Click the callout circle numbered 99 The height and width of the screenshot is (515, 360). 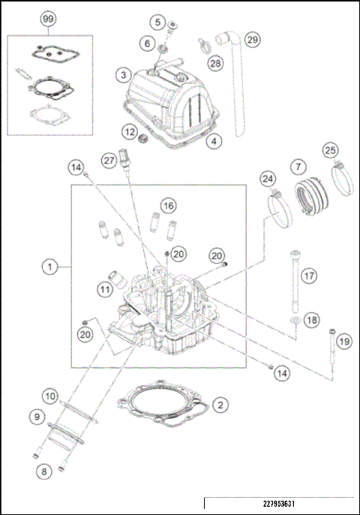[x=49, y=17]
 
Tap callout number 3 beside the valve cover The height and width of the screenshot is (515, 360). [x=121, y=74]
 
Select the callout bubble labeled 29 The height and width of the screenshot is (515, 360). [x=252, y=39]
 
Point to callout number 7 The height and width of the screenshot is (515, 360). [x=298, y=165]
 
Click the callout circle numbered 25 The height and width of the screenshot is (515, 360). [x=329, y=151]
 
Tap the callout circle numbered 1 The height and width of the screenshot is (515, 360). [x=49, y=265]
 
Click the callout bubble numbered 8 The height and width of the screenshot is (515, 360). [x=45, y=471]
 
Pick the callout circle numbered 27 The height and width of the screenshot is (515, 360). [x=109, y=160]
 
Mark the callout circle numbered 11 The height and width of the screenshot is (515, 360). [x=106, y=287]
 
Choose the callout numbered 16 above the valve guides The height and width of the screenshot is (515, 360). [x=168, y=205]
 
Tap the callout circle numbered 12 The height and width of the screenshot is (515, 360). [x=130, y=132]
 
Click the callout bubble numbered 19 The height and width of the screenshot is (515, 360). [x=343, y=341]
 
